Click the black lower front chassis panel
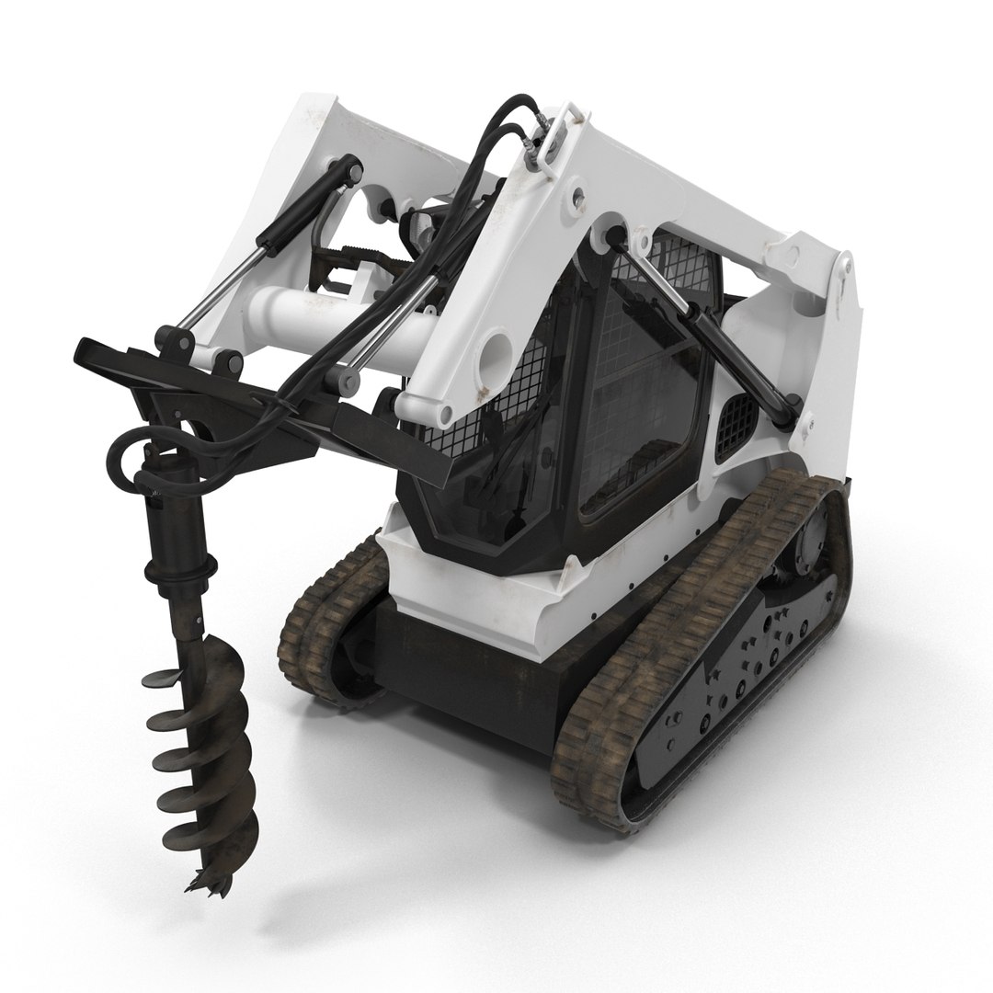pyautogui.click(x=460, y=657)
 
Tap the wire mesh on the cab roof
pyautogui.click(x=680, y=257)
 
